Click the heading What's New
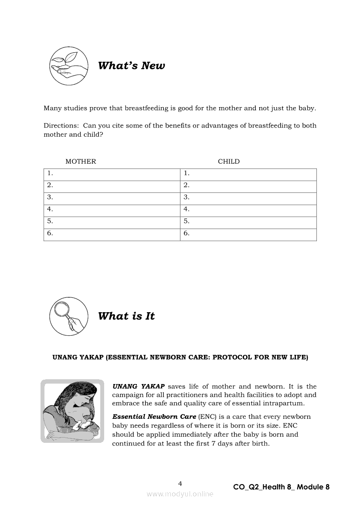[x=131, y=66]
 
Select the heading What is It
[x=126, y=316]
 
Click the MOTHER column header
[x=81, y=162]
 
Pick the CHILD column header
[x=229, y=162]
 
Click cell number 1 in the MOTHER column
[x=112, y=173]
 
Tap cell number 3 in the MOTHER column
[x=112, y=197]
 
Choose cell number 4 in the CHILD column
[x=248, y=209]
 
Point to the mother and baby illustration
[x=72, y=411]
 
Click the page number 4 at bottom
[x=180, y=483]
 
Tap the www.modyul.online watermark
[x=180, y=494]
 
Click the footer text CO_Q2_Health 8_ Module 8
[x=281, y=487]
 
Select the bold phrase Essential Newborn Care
[x=154, y=417]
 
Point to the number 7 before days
[x=214, y=444]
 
